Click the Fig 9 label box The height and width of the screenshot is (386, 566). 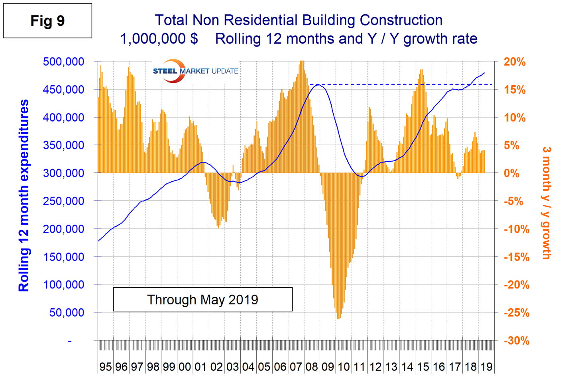47,21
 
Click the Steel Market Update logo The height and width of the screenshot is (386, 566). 195,71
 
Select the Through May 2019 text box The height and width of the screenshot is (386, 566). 202,300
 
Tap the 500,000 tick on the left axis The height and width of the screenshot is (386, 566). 63,62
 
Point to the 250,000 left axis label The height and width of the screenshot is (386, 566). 63,201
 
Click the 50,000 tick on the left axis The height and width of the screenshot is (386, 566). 67,313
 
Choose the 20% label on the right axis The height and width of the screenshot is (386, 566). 514,62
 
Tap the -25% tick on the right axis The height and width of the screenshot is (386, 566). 516,313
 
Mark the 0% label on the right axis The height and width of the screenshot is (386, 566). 511,173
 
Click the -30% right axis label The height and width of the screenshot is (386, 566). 516,341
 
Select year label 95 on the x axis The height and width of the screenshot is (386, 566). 105,367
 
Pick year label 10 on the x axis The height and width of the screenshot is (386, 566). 344,367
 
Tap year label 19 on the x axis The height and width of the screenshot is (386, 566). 486,367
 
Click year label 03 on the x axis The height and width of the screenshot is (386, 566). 232,367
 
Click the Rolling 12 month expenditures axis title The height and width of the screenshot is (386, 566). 24,195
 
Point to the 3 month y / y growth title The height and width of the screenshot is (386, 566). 546,203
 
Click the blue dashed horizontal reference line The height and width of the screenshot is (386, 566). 399,84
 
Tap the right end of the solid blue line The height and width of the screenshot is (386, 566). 484,73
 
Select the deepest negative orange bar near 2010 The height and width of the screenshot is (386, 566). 338,318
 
